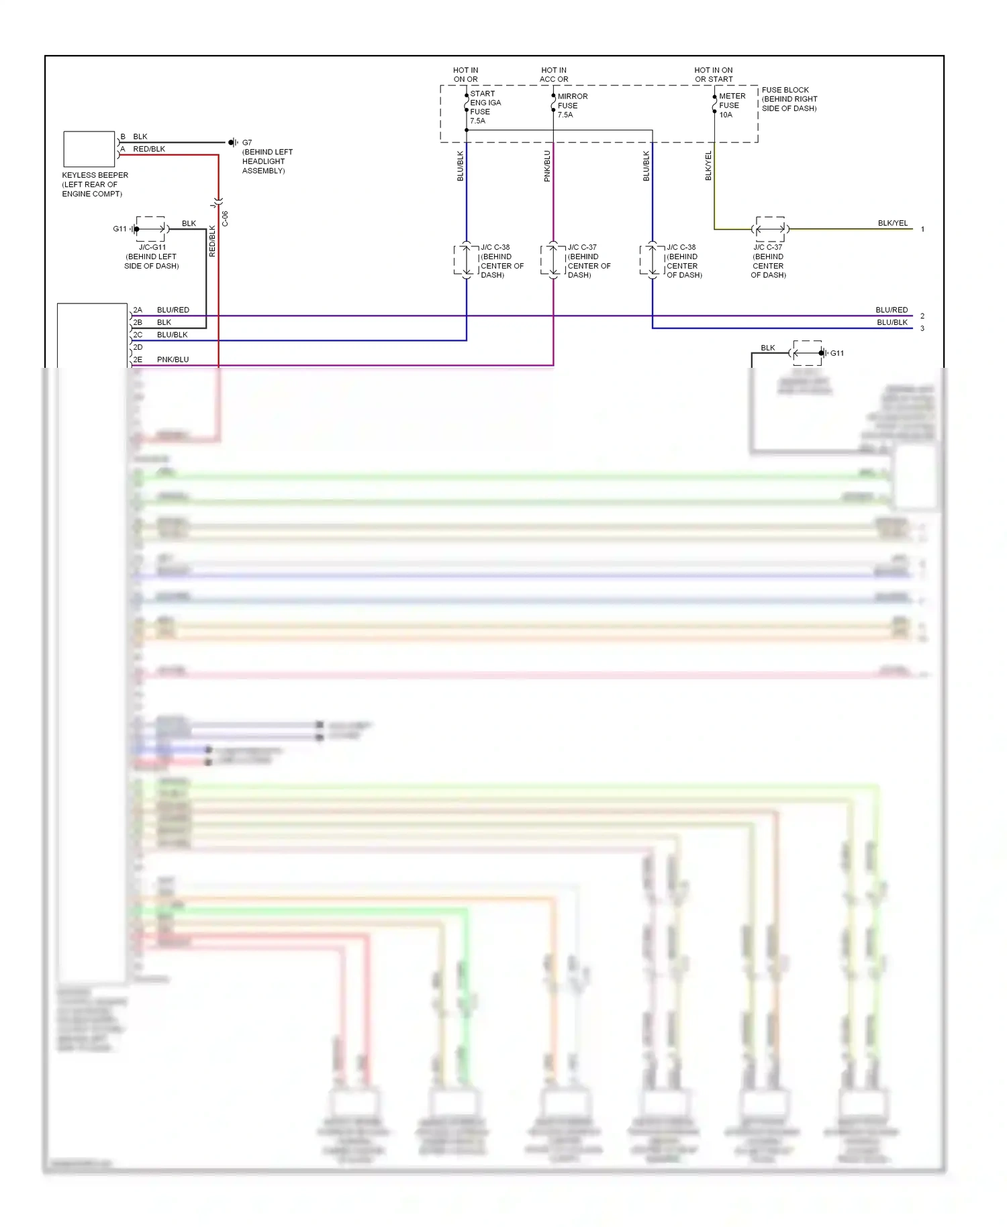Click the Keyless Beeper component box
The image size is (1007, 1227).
[89, 149]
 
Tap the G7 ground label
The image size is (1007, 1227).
[247, 142]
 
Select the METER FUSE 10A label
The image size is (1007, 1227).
[731, 105]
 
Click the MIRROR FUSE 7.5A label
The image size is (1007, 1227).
[571, 105]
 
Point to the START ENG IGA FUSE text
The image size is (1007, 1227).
[485, 107]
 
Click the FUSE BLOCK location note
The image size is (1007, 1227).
[789, 99]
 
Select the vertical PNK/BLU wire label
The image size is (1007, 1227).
[547, 166]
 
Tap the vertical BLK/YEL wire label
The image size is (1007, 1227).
[708, 166]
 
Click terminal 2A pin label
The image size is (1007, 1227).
[138, 310]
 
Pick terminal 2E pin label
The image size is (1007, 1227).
[138, 360]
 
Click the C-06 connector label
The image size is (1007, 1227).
[226, 219]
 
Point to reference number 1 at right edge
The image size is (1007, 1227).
[922, 230]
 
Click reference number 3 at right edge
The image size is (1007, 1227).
[922, 329]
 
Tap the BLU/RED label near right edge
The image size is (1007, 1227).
[891, 310]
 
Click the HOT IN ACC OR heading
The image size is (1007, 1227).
[554, 75]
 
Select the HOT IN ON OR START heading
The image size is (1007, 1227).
[713, 75]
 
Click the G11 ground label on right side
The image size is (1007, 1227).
[836, 353]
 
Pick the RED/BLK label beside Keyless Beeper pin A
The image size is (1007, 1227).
[149, 149]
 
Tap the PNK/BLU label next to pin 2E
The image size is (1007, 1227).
[173, 360]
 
